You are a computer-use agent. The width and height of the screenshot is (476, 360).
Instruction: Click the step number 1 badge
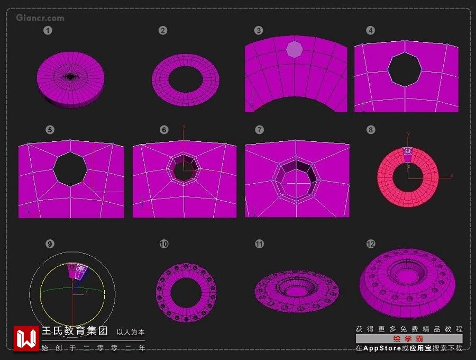coord(48,30)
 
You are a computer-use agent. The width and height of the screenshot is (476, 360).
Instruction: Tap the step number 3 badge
coord(258,30)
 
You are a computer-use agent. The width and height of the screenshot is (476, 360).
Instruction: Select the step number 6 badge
coord(164,130)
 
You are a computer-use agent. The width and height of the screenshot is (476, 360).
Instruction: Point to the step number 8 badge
coord(371,130)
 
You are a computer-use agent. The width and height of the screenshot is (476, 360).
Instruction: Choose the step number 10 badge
coord(164,244)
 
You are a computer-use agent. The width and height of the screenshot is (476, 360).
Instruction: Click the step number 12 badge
coord(371,244)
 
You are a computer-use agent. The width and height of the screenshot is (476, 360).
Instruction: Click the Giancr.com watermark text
coord(40,18)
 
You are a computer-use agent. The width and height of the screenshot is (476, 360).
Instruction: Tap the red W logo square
coord(26,339)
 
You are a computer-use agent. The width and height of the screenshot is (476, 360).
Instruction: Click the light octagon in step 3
coord(295,49)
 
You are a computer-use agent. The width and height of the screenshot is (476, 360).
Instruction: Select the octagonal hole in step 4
coord(405,69)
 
